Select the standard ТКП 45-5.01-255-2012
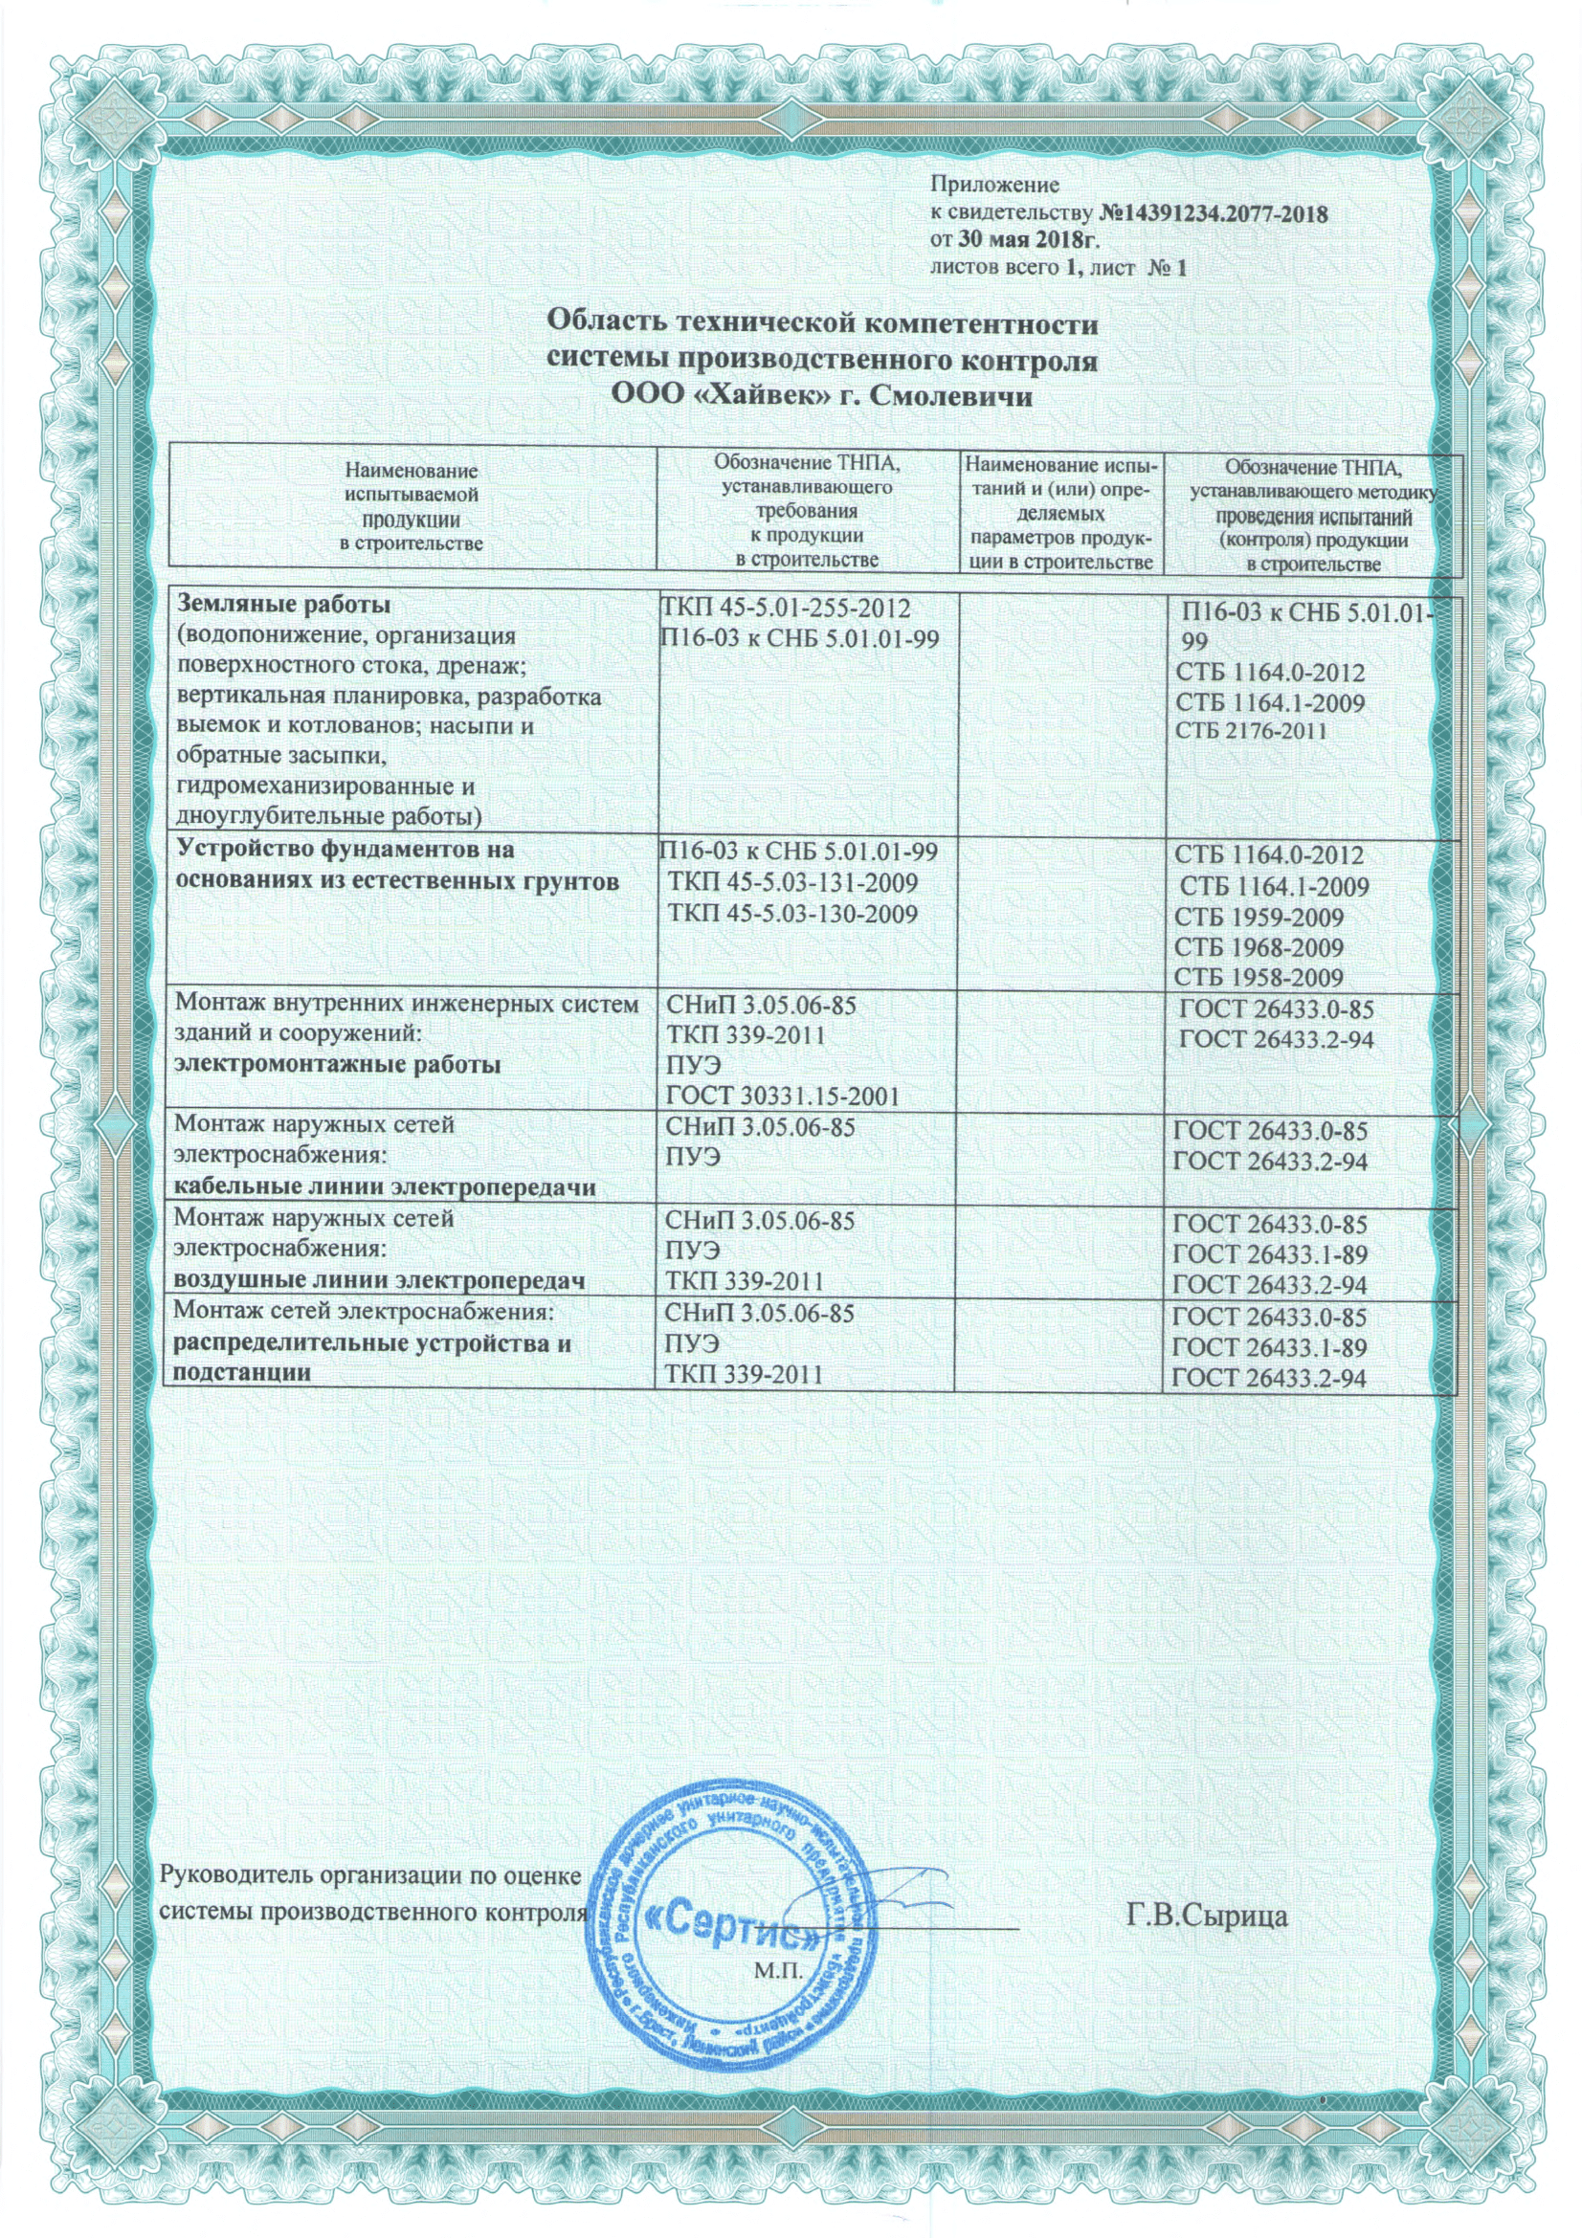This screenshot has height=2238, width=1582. click(x=785, y=609)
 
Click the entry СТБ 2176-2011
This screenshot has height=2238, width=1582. click(x=1251, y=731)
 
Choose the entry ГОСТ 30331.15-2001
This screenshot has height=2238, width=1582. click(x=782, y=1097)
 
